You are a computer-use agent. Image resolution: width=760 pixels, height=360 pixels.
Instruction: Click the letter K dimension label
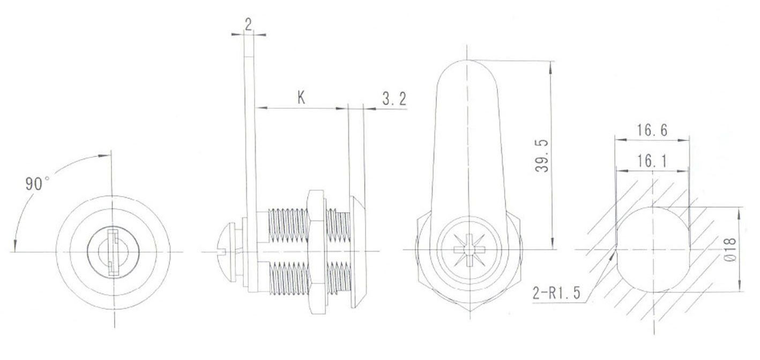point(301,97)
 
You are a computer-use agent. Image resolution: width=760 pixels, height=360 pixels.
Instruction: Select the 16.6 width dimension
point(652,130)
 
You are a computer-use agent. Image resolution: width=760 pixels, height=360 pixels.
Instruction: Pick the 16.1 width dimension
point(652,161)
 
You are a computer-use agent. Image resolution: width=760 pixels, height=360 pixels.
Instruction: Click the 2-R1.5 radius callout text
point(558,293)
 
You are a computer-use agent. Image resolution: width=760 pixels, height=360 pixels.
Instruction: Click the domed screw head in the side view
point(228,250)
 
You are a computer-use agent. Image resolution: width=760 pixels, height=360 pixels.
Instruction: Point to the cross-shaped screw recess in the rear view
point(468,250)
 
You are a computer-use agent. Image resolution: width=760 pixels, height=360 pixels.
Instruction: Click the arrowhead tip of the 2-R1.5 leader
point(614,253)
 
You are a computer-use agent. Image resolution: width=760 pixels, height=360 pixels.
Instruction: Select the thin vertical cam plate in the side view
point(250,134)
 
